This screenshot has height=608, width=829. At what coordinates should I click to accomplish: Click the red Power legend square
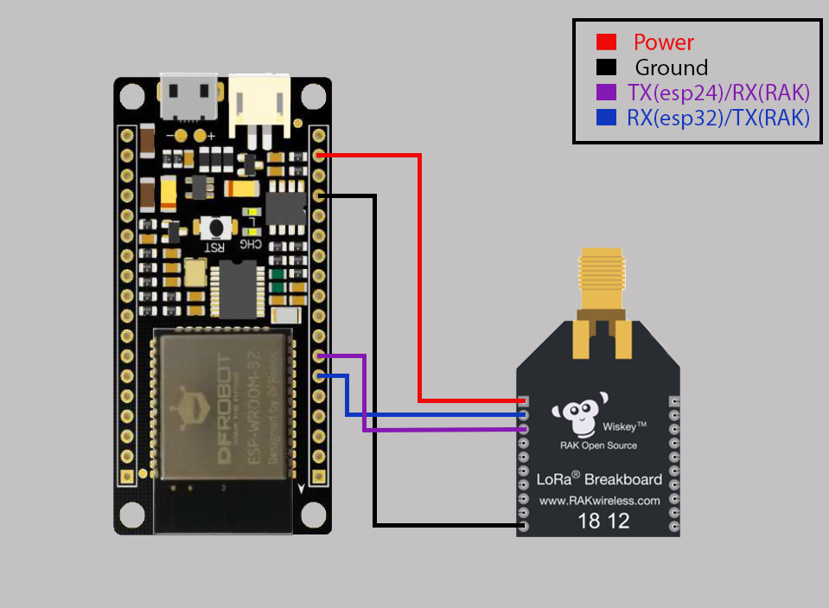606,42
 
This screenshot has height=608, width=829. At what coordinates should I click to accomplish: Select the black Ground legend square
606,67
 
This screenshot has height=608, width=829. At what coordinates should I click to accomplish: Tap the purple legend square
606,92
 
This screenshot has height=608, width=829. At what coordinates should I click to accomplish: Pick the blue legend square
606,117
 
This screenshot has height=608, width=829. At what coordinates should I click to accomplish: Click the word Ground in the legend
671,67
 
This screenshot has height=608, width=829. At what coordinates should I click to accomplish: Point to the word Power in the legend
663,42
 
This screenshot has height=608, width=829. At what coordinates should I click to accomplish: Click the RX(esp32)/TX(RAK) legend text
717,118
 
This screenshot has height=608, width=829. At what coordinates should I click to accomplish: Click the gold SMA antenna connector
601,277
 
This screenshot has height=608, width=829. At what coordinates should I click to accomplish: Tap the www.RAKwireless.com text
599,500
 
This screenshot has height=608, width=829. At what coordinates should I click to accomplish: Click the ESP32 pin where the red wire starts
320,156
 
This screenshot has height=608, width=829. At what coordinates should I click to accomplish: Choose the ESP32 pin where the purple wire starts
320,355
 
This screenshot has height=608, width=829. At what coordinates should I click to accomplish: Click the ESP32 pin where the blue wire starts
320,375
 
